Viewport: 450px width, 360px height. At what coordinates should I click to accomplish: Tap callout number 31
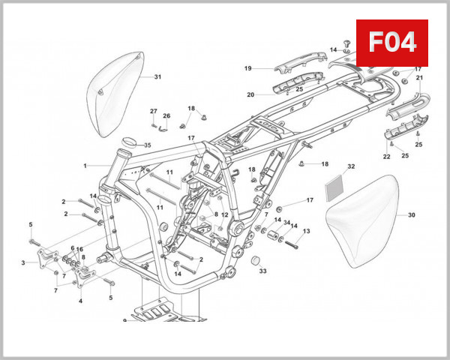click(x=157, y=77)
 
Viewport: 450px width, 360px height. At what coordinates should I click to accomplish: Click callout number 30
click(x=411, y=215)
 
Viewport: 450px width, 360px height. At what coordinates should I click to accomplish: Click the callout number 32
click(x=351, y=166)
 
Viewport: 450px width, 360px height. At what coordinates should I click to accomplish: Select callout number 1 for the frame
click(x=85, y=166)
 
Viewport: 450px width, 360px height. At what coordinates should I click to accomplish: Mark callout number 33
click(x=262, y=271)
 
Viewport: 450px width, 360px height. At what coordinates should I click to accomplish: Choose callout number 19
click(x=247, y=69)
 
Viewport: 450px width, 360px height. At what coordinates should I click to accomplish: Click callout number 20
click(x=250, y=94)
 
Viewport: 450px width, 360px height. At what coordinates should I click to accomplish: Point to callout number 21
click(x=420, y=78)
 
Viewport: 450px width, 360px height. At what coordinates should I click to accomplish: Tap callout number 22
click(x=387, y=157)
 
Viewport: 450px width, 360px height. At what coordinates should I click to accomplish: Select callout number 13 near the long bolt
click(x=306, y=231)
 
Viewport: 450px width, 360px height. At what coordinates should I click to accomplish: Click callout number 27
click(x=153, y=111)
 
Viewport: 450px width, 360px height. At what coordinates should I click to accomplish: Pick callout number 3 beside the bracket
click(x=24, y=262)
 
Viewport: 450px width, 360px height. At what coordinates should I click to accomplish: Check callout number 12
click(x=224, y=215)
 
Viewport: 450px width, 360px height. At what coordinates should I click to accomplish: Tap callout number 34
click(x=286, y=222)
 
